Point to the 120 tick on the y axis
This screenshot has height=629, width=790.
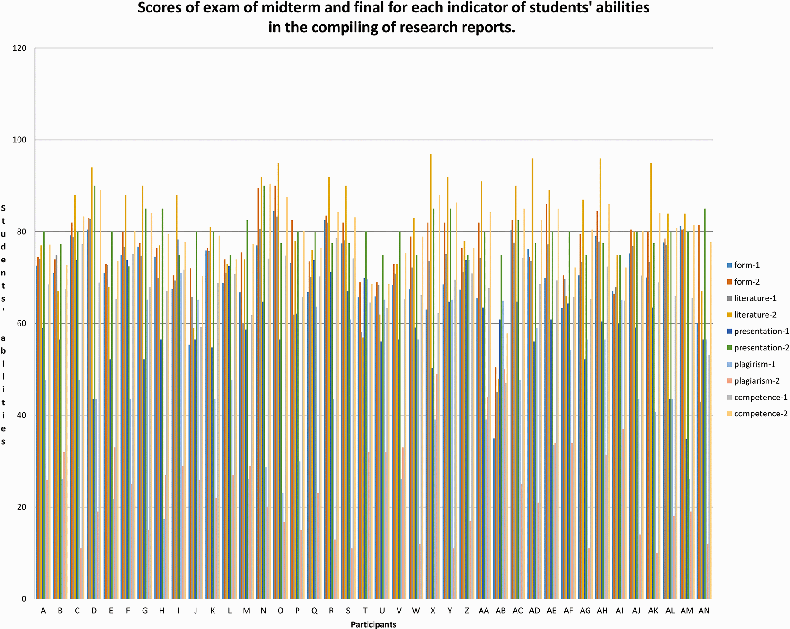coord(22,48)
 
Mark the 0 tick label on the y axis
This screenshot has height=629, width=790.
coord(24,599)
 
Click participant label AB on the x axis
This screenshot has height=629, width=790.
coord(500,611)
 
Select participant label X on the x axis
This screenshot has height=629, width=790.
coord(433,611)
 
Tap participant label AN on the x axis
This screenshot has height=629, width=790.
coord(704,611)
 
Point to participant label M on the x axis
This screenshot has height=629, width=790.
coord(246,611)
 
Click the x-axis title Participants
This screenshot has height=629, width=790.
coord(373,625)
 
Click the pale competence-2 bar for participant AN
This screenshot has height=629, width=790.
coord(710,420)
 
